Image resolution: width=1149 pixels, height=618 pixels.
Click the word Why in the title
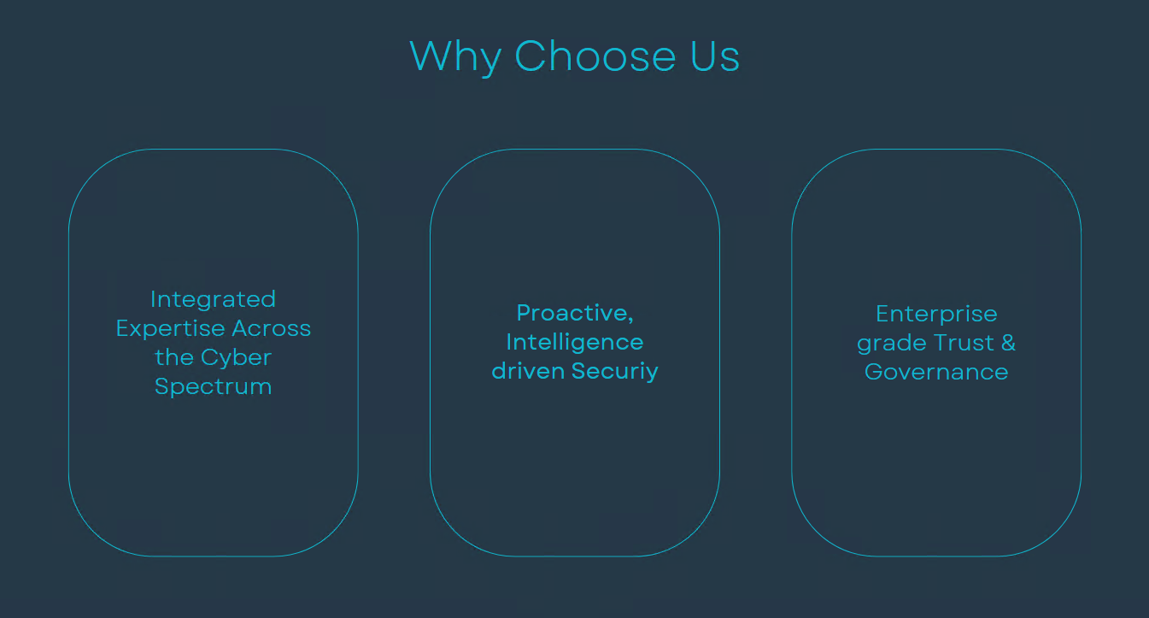455,58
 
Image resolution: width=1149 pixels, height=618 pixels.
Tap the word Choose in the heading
595,56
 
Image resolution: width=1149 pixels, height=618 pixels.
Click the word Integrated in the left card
213,300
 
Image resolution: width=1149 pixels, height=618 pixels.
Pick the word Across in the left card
272,328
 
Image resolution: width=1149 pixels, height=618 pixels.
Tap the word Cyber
236,358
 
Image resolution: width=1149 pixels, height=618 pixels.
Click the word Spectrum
213,387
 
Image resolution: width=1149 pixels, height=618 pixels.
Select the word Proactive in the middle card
572,313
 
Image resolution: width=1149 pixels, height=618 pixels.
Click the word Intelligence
574,343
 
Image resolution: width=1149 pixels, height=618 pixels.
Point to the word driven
528,371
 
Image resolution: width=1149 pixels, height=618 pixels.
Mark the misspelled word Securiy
614,372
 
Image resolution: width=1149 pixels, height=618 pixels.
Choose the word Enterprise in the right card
936,315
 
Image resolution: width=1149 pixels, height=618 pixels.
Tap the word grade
892,344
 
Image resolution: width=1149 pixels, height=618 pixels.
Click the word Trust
964,343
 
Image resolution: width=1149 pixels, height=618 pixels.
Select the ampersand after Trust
1008,343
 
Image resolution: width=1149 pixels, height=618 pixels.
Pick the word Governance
936,372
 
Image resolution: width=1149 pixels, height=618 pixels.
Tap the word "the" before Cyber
174,358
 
